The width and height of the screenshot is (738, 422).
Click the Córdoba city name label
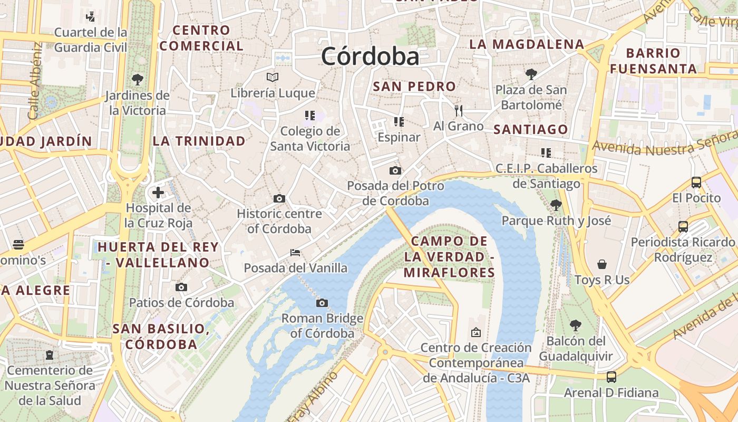(370, 56)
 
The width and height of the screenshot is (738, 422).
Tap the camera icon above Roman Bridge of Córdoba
(322, 303)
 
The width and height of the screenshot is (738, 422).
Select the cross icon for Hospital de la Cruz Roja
(158, 193)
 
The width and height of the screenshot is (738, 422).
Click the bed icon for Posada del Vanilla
(295, 253)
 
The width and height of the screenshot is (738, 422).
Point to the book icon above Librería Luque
(273, 78)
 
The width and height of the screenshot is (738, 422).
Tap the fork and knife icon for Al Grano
(459, 111)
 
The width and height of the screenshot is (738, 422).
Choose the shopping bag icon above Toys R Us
(602, 264)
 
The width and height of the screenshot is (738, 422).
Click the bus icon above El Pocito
(696, 183)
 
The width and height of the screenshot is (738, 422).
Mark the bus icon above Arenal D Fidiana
(611, 377)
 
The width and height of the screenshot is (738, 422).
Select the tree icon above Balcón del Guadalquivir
(576, 325)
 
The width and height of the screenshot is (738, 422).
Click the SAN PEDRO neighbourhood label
(414, 87)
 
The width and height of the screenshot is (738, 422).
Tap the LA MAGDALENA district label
(527, 44)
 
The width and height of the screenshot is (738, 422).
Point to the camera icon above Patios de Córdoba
(181, 287)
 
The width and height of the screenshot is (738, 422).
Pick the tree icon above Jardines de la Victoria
(138, 80)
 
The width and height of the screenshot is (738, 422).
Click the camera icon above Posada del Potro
(395, 170)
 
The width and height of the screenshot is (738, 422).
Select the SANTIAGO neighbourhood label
(531, 129)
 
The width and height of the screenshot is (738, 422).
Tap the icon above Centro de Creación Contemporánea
(476, 332)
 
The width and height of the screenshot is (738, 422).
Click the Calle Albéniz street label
(35, 80)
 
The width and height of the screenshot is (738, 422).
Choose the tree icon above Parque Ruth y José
(556, 205)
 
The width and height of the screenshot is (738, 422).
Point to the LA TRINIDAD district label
(199, 141)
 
